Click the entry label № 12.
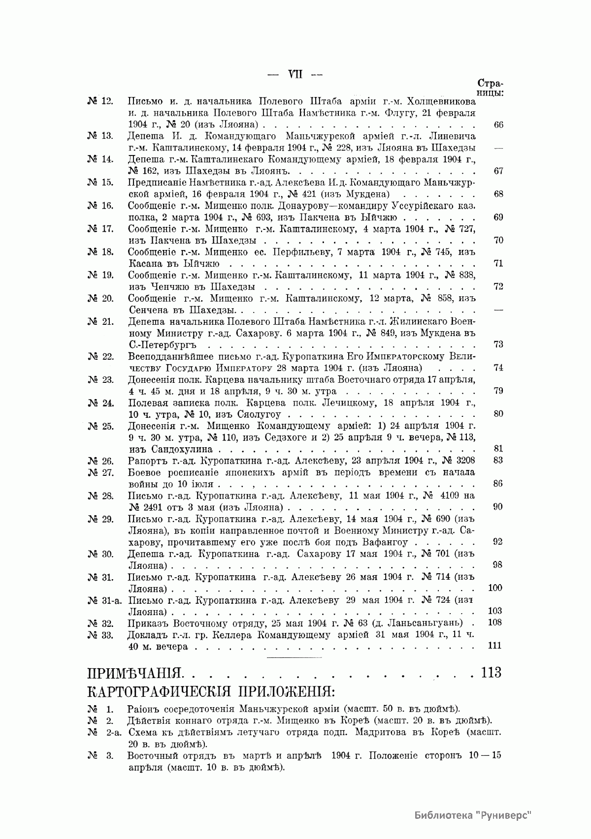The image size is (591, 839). point(100,101)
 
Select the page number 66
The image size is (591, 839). point(498,124)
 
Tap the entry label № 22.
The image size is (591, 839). point(100,356)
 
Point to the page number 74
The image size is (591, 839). point(498,368)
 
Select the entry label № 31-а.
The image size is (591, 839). point(105,600)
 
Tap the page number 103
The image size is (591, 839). point(494,611)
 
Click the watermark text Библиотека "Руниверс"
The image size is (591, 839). point(473,814)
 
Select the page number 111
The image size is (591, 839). point(494,646)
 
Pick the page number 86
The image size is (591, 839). point(498,484)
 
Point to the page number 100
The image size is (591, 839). point(494,588)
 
